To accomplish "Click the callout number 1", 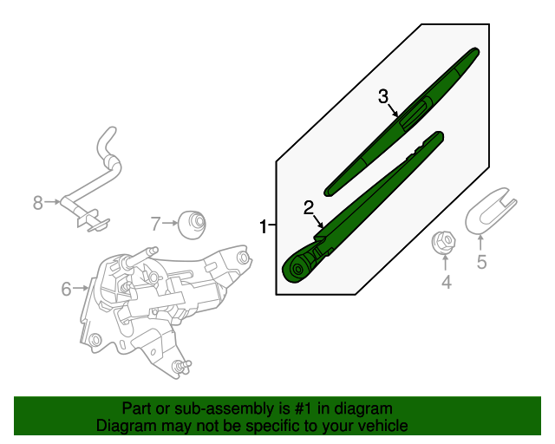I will click(x=264, y=226).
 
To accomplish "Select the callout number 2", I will click(x=308, y=207).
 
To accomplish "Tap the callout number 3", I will click(x=383, y=96).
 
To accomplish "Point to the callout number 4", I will click(x=446, y=282).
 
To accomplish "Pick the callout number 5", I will click(x=481, y=261).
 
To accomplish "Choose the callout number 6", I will click(x=66, y=289).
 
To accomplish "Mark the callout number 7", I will click(x=155, y=224).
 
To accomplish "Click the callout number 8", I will click(x=37, y=203).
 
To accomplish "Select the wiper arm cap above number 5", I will click(x=491, y=211).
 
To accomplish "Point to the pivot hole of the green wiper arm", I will click(x=297, y=270).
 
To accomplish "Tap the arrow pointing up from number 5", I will click(x=481, y=241).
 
